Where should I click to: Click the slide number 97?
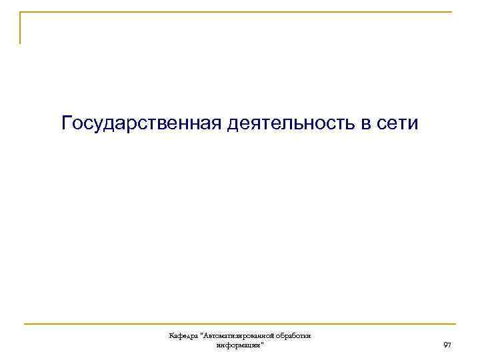pyautogui.click(x=447, y=345)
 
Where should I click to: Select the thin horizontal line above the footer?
pyautogui.click(x=240, y=325)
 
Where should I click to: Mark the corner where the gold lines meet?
pyautogui.click(x=20, y=12)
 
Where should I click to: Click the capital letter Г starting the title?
pyautogui.click(x=67, y=123)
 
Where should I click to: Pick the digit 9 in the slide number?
pyautogui.click(x=445, y=345)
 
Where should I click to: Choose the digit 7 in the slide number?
pyautogui.click(x=449, y=345)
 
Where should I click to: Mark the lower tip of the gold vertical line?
pyautogui.click(x=20, y=43)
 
